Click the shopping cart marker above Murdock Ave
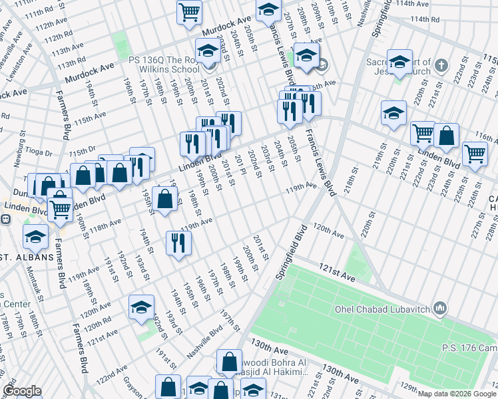pos(190,12)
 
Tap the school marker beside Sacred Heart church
pos(399,63)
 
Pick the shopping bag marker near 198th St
pos(164,199)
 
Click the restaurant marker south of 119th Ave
pos(178,243)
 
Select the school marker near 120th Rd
pos(141,308)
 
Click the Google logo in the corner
pos(22,391)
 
